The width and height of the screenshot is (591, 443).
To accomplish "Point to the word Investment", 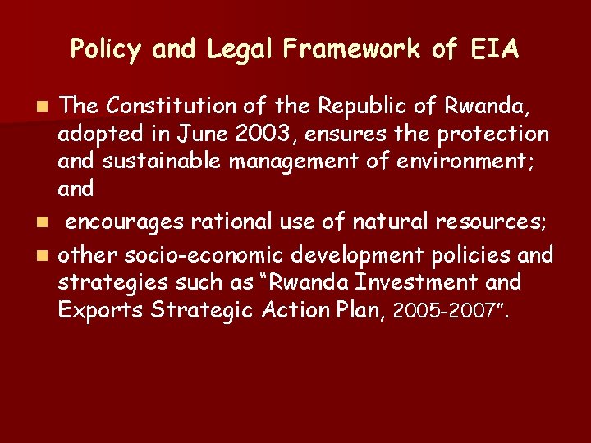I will pyautogui.click(x=405, y=282).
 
